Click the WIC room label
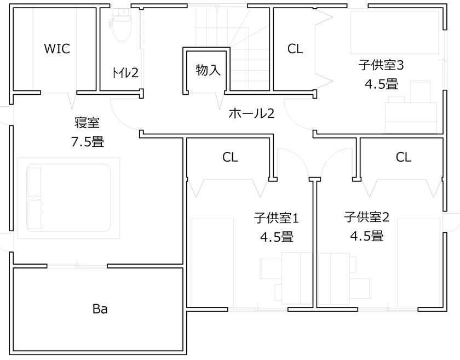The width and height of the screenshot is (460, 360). tap(57, 48)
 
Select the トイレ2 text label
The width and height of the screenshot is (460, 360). tap(125, 72)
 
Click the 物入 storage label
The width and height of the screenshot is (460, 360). tap(208, 70)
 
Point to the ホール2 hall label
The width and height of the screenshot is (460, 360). tap(251, 113)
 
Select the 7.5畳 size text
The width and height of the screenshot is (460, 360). tap(87, 142)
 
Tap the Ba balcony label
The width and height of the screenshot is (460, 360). tap(99, 310)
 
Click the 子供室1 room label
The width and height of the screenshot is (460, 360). tap(276, 218)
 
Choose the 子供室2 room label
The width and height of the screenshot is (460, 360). tap(366, 217)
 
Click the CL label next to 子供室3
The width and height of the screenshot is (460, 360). tap(295, 49)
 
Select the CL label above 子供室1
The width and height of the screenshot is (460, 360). tap(230, 157)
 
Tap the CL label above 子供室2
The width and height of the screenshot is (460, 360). tap(404, 157)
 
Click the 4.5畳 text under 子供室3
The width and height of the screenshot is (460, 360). tap(381, 84)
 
